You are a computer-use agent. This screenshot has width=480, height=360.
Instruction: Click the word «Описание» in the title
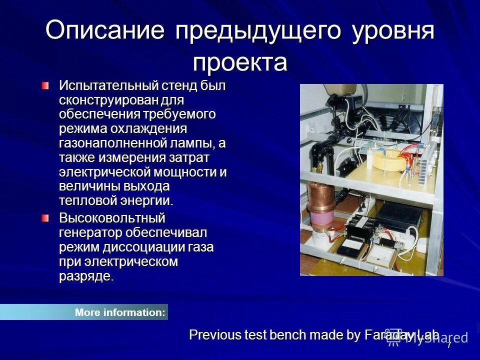[105, 31]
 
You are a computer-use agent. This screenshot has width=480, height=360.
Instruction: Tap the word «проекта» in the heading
[240, 63]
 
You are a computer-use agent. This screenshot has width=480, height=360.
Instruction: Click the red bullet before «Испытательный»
[46, 86]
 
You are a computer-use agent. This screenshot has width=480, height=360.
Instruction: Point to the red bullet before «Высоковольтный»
[46, 218]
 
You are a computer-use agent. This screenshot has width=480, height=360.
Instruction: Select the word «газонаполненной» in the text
[112, 143]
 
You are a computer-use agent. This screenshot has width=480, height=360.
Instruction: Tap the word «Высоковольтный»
[112, 218]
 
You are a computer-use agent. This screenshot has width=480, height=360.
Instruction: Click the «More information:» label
[120, 312]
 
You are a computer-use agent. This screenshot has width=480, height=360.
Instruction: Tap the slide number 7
[449, 345]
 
